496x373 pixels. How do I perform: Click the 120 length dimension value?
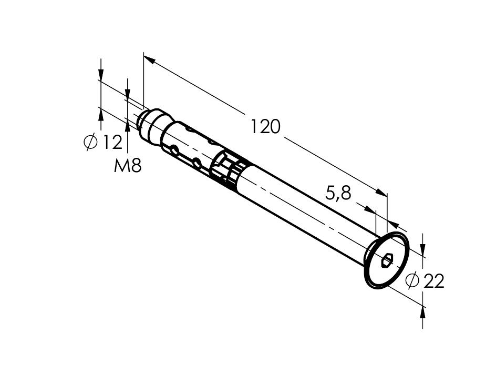coord(265,127)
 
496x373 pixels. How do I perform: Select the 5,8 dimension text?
coord(338,193)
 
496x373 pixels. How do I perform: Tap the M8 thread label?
coord(128,166)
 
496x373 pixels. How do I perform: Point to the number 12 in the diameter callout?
coord(112,142)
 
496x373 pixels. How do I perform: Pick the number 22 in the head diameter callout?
coord(433,281)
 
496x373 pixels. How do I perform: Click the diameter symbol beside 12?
coord(91,142)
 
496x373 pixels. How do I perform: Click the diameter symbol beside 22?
coord(412,281)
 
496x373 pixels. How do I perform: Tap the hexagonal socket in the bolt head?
coord(388,259)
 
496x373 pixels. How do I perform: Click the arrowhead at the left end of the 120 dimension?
coord(149,60)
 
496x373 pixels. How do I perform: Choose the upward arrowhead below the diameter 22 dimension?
coord(423,314)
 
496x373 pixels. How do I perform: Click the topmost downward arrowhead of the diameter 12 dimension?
coord(100,74)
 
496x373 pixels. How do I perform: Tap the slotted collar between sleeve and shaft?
coord(229,171)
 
